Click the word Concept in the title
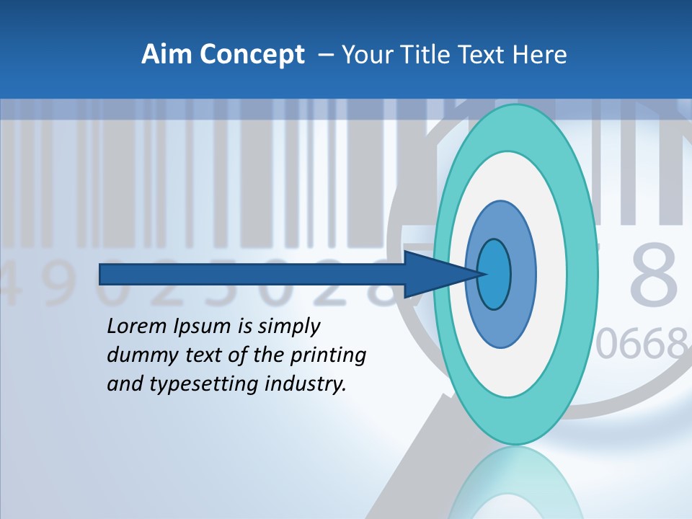pyautogui.click(x=251, y=55)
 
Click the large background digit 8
pyautogui.click(x=653, y=276)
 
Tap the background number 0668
pyautogui.click(x=642, y=345)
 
